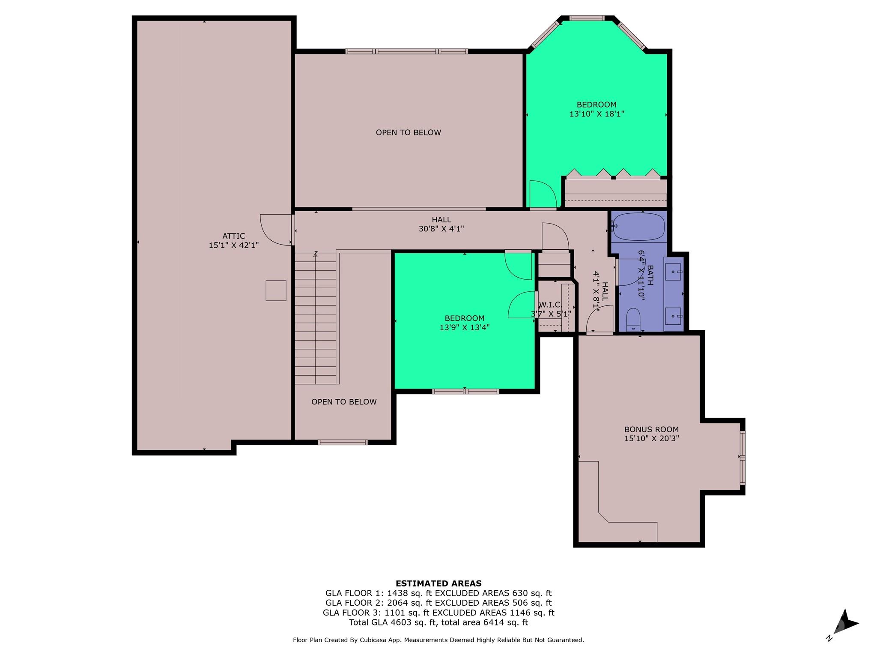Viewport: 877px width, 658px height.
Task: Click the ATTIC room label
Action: click(x=233, y=236)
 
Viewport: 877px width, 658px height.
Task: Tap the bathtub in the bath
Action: click(x=638, y=226)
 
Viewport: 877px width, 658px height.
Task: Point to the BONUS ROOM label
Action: click(x=651, y=429)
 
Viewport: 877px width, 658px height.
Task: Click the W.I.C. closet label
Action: click(x=550, y=305)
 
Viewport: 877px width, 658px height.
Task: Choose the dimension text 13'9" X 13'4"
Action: click(x=464, y=328)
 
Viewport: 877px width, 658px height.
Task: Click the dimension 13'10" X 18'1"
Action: click(x=597, y=114)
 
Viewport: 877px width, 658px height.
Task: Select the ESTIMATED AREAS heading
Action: click(x=438, y=583)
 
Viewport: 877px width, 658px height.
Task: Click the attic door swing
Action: click(x=276, y=230)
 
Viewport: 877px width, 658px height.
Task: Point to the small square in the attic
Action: click(x=276, y=290)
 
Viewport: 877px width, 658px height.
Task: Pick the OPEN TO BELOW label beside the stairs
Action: click(x=344, y=402)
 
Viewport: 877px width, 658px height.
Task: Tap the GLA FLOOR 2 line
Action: click(x=438, y=603)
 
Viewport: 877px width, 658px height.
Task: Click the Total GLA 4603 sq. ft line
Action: click(x=438, y=622)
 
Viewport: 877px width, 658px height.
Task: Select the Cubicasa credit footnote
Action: click(x=438, y=640)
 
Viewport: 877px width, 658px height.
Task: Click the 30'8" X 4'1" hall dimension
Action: click(x=441, y=229)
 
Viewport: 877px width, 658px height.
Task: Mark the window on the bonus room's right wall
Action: click(x=743, y=458)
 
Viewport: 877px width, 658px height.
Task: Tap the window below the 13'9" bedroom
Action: click(x=465, y=391)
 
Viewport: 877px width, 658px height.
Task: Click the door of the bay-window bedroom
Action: click(x=542, y=195)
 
